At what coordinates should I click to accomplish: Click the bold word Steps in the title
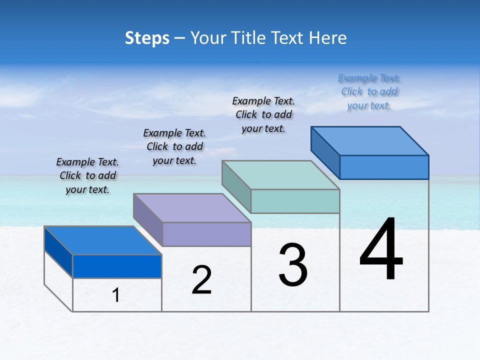coord(147,38)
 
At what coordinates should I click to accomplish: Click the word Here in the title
coord(328,38)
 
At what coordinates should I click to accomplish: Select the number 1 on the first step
coord(116,295)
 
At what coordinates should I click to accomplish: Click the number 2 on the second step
coord(201,280)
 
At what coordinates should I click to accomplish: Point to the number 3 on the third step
coord(293,265)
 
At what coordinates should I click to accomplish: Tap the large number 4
coord(381,249)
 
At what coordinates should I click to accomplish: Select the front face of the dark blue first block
coord(117,266)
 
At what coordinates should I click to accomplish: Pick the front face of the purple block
coord(206,234)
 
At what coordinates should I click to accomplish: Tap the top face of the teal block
coord(280,175)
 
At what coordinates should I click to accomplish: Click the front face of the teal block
coord(295,201)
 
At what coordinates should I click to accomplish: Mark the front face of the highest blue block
coord(384,167)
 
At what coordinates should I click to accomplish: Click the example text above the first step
coord(87,175)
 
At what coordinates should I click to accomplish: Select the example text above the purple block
coord(174,146)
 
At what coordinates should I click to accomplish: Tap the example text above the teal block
coord(263,114)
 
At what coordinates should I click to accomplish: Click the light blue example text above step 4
coord(369,91)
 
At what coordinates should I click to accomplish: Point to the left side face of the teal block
coord(236,186)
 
